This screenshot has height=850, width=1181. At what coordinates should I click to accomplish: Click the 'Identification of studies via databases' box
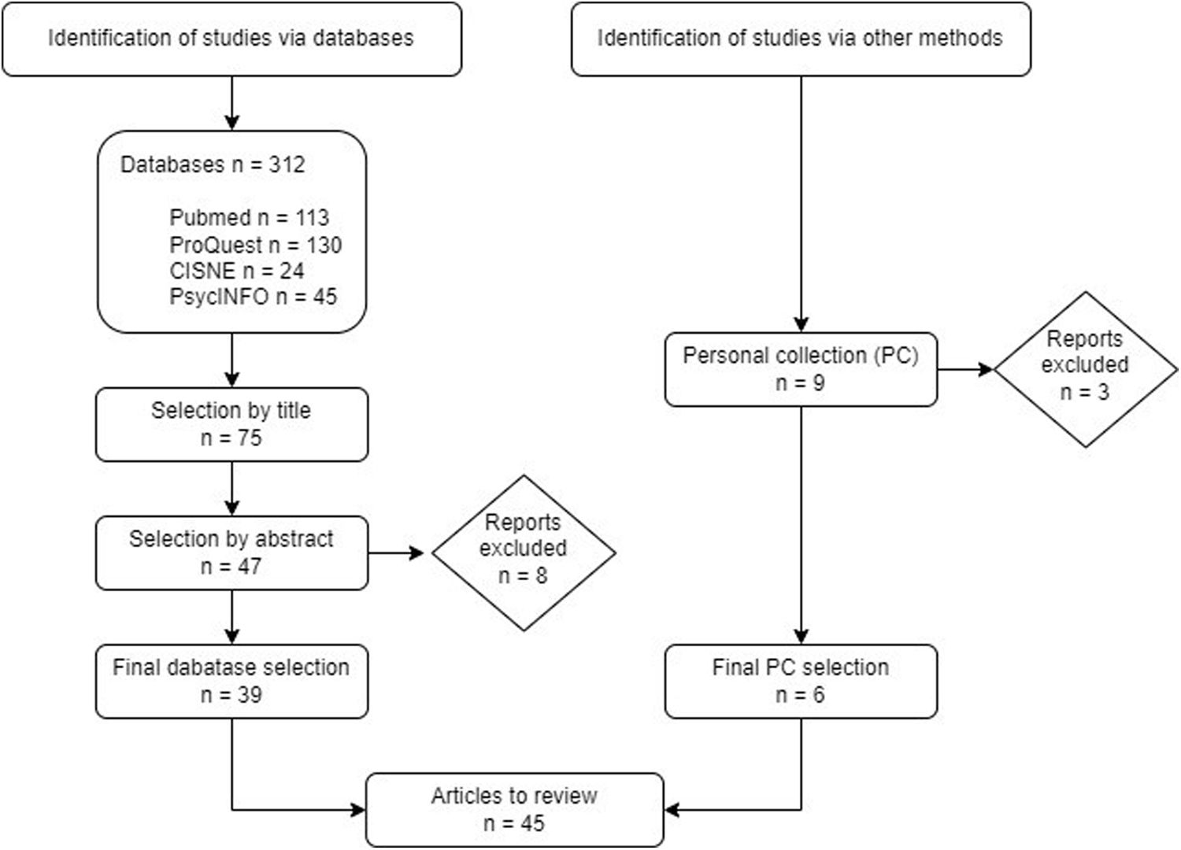(231, 39)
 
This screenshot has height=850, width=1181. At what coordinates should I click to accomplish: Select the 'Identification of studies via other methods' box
(800, 39)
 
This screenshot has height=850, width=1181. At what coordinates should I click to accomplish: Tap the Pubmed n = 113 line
(249, 218)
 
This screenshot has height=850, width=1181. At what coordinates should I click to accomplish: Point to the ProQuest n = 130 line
(255, 245)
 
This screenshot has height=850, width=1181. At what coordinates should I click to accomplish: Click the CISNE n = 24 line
(236, 271)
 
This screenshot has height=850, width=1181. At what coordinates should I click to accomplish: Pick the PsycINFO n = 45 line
(253, 297)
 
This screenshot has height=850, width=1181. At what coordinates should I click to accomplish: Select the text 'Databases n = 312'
(212, 164)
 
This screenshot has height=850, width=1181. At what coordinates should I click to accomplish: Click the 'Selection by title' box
(231, 424)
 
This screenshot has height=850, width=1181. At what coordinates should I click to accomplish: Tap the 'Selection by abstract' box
(231, 552)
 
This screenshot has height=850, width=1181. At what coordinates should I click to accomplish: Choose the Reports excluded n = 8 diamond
(523, 552)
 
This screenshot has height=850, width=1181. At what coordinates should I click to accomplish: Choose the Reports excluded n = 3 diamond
(1084, 368)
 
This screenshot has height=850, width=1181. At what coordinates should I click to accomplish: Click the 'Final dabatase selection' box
(231, 681)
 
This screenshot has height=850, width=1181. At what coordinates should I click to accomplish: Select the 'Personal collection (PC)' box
(800, 368)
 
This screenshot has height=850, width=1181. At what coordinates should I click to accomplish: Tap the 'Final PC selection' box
(800, 681)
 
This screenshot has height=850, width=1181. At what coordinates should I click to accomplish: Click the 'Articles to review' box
(514, 809)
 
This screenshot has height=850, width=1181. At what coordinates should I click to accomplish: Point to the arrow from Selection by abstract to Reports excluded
(398, 552)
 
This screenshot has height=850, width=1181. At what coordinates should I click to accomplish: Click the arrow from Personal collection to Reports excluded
(965, 368)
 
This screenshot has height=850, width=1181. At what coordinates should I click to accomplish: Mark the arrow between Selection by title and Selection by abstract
(231, 489)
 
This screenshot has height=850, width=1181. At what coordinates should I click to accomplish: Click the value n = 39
(231, 695)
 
